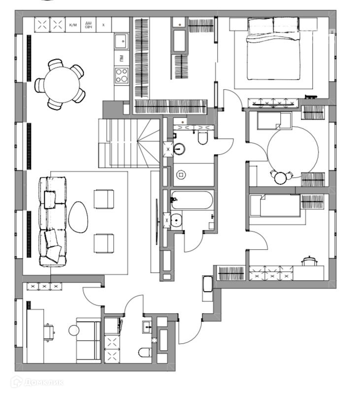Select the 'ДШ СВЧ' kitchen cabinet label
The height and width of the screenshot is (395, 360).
coord(89,24)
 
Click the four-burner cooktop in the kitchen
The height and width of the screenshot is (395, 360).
coord(121,75)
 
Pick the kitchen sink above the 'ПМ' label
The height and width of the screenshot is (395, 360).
coord(121,41)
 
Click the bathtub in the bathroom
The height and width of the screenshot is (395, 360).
coord(191,200)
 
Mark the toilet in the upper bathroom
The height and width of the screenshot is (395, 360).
coord(202,137)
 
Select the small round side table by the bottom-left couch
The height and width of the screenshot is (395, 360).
coord(74,330)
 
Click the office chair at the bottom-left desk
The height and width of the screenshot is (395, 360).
coord(49,331)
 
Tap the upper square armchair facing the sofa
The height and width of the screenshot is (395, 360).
coord(104,199)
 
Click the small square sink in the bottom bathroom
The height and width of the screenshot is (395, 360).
coord(147,326)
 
